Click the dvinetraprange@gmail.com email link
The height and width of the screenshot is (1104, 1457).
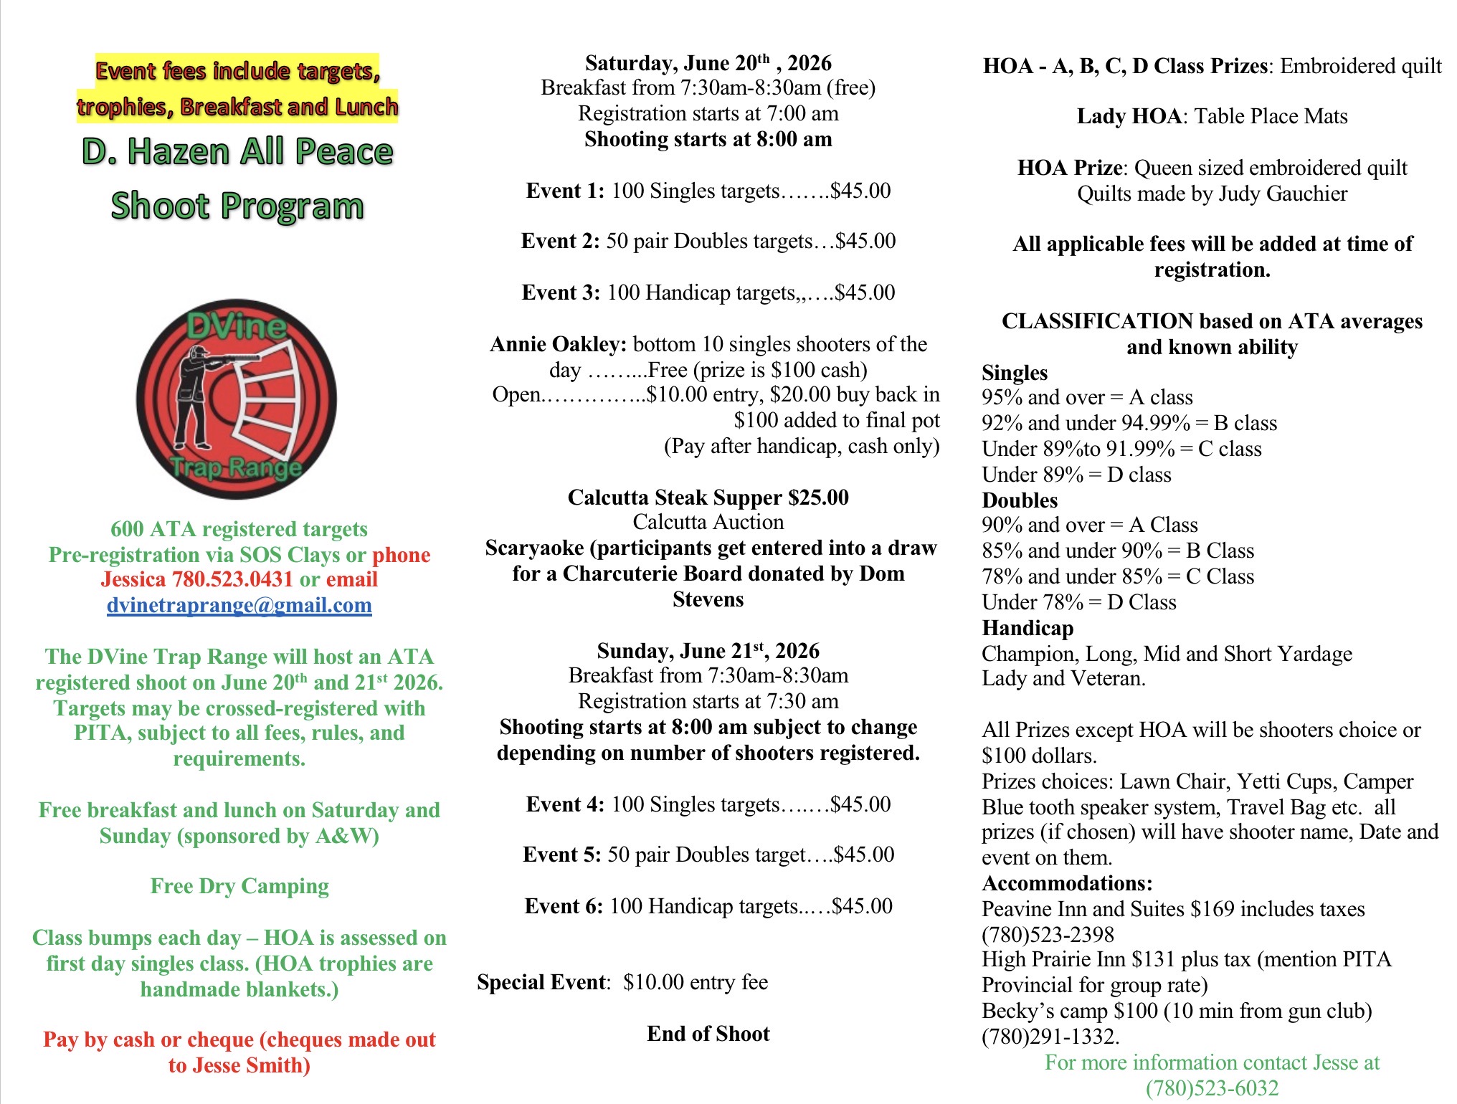pyautogui.click(x=239, y=606)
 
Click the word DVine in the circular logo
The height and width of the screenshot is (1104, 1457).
pyautogui.click(x=237, y=327)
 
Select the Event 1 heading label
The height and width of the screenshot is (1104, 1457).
pyautogui.click(x=565, y=191)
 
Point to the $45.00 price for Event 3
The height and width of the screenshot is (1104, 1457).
pyautogui.click(x=865, y=293)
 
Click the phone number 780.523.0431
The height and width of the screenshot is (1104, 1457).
pyautogui.click(x=232, y=580)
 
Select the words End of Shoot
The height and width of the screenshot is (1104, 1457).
pyautogui.click(x=708, y=1034)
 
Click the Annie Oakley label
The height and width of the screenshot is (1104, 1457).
pyautogui.click(x=559, y=345)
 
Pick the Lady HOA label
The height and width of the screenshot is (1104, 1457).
pyautogui.click(x=1129, y=117)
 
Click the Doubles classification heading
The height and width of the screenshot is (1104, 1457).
pyautogui.click(x=1019, y=500)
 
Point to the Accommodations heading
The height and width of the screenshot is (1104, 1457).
pyautogui.click(x=1067, y=883)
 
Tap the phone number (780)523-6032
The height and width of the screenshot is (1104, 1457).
pyautogui.click(x=1212, y=1088)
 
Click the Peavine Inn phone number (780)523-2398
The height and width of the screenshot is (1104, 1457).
pyautogui.click(x=1048, y=935)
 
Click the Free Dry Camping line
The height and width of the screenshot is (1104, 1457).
pyautogui.click(x=239, y=887)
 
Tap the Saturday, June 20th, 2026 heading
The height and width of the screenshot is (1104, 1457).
pyautogui.click(x=708, y=64)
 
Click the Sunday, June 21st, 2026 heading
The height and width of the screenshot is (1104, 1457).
pyautogui.click(x=708, y=651)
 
